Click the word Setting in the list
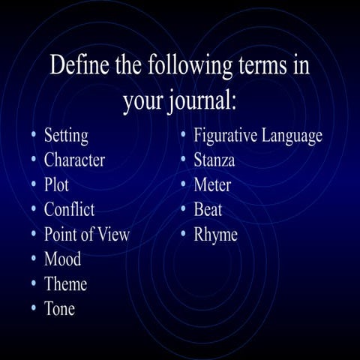coord(66,136)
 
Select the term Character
coord(74,160)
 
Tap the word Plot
coord(57,184)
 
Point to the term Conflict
coord(69,209)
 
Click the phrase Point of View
coord(86,234)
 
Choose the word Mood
coord(62,259)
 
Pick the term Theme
coord(65,284)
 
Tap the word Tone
coord(59,309)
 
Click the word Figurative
coord(226,136)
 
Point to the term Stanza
coord(214,160)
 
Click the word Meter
coord(212,184)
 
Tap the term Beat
coord(208,209)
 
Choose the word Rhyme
coord(215,235)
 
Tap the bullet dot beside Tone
coord(33,308)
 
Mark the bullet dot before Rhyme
coord(183,234)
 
